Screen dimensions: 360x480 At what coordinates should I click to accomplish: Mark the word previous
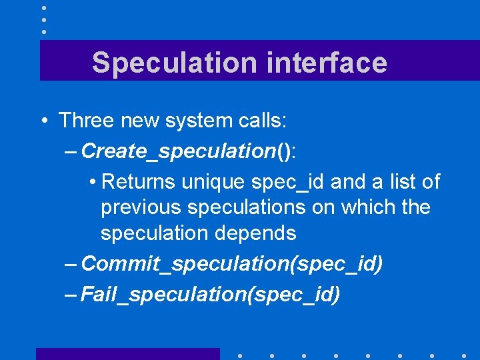[141, 208]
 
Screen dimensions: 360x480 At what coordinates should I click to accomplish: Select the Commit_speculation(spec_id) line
[231, 264]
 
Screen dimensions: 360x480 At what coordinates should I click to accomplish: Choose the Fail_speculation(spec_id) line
[210, 294]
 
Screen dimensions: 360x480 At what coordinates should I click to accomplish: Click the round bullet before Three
[43, 121]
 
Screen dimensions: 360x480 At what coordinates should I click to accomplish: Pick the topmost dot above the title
[43, 8]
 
